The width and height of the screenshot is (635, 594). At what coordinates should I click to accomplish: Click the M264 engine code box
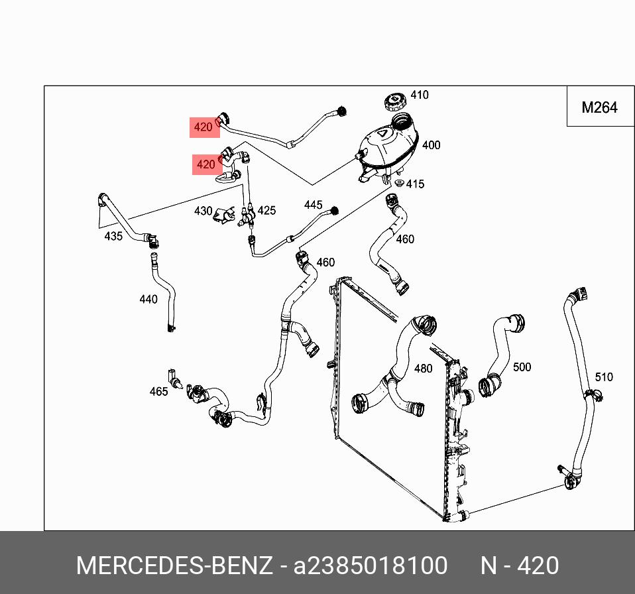tap(599, 107)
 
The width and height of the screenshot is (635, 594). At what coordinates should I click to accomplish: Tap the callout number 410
tap(419, 95)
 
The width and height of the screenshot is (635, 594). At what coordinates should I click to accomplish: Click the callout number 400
tap(431, 145)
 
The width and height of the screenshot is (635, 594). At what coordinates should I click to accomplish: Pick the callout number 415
tap(415, 184)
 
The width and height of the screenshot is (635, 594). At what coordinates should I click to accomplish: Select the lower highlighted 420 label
tap(206, 164)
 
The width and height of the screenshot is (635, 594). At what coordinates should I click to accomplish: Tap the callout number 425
tap(266, 210)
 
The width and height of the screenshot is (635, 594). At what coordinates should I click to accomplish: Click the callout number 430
tap(203, 211)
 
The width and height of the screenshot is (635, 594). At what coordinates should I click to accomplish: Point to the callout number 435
tap(113, 236)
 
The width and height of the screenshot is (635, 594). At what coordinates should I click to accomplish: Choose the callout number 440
tap(148, 299)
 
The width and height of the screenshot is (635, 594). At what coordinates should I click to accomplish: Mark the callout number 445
tap(313, 205)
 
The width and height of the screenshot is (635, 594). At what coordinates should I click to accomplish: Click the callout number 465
tap(158, 391)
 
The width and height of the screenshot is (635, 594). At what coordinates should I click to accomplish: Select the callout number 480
tap(423, 369)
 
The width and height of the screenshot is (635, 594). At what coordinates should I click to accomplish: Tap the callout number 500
tap(522, 367)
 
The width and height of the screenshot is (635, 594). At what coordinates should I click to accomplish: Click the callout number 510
tap(604, 377)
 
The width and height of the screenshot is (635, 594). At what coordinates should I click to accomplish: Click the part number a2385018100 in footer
tap(371, 565)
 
